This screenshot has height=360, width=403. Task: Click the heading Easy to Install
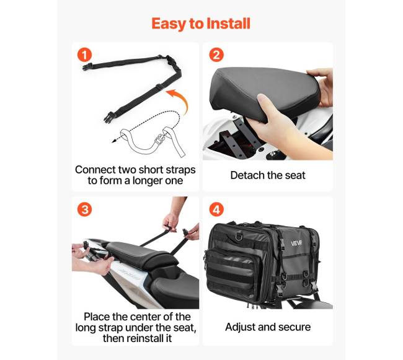pyautogui.click(x=201, y=24)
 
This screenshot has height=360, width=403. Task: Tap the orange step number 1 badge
pyautogui.click(x=84, y=55)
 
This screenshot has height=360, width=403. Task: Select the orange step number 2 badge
pyautogui.click(x=216, y=55)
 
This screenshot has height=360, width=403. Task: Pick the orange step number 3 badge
pyautogui.click(x=84, y=209)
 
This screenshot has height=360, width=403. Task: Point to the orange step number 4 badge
pyautogui.click(x=216, y=209)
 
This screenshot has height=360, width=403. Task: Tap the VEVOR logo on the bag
pyautogui.click(x=296, y=243)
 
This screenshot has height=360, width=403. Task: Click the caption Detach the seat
pyautogui.click(x=268, y=175)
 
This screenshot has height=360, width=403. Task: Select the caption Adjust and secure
pyautogui.click(x=268, y=327)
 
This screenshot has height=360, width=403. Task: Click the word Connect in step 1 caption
pyautogui.click(x=95, y=170)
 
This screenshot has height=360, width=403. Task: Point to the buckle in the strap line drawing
pyautogui.click(x=159, y=140)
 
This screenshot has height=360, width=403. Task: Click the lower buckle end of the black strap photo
pyautogui.click(x=109, y=117)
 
